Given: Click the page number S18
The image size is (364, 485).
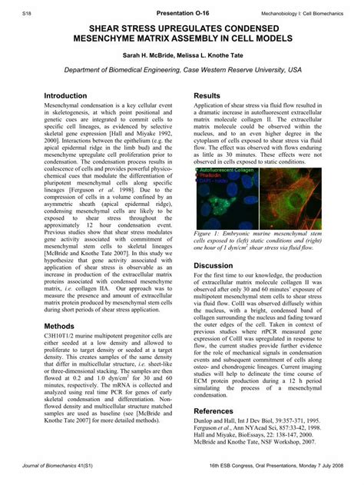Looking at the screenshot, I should (28, 13).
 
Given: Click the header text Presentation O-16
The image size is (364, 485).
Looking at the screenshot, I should (181, 13).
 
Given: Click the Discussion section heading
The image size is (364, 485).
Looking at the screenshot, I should (213, 265).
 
